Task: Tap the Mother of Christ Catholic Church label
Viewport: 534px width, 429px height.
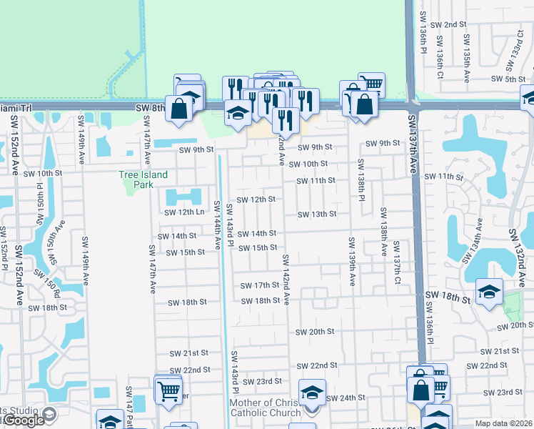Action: click(271, 407)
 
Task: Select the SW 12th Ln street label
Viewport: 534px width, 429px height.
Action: click(191, 212)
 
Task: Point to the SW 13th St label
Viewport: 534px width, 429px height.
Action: click(316, 214)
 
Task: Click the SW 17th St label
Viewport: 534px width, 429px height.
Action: click(258, 286)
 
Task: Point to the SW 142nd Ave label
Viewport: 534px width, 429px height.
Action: click(286, 279)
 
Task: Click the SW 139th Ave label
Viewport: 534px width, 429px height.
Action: click(351, 261)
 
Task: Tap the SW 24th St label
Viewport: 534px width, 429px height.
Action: click(346, 398)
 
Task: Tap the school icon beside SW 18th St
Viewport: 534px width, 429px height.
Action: click(489, 292)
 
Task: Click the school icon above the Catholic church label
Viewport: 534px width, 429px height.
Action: click(312, 392)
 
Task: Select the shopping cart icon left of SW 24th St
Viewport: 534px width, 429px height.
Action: click(168, 390)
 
